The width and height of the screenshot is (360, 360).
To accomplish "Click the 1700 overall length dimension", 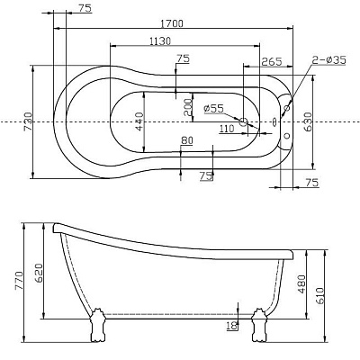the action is point(171,23).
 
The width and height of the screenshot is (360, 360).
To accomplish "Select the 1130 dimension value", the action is point(160,41).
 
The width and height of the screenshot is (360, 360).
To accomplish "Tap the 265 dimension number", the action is point(272,61).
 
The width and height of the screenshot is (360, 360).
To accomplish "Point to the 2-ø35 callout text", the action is point(328,60).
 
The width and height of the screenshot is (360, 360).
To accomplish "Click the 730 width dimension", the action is point(28,121).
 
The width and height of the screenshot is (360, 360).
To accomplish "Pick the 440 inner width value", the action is point(139,121).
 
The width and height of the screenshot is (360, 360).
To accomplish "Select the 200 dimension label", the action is point(187,107).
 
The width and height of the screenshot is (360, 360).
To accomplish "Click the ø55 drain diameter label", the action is point(213,108).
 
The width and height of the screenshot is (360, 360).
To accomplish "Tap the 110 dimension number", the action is point(227,129).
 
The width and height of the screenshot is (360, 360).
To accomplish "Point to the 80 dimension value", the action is point(187,140).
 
